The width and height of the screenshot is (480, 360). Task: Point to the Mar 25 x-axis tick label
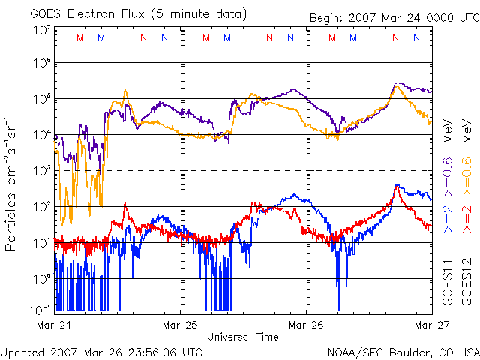179,325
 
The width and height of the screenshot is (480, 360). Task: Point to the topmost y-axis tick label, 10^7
42,31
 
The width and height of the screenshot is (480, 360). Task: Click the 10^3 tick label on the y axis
42,171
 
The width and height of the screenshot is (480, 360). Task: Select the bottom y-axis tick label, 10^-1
42,308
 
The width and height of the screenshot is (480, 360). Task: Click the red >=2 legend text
466,216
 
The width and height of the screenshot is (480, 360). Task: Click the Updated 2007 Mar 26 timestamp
101,351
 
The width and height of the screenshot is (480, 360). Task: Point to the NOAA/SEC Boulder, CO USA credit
403,351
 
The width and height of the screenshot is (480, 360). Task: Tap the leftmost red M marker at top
81,37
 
